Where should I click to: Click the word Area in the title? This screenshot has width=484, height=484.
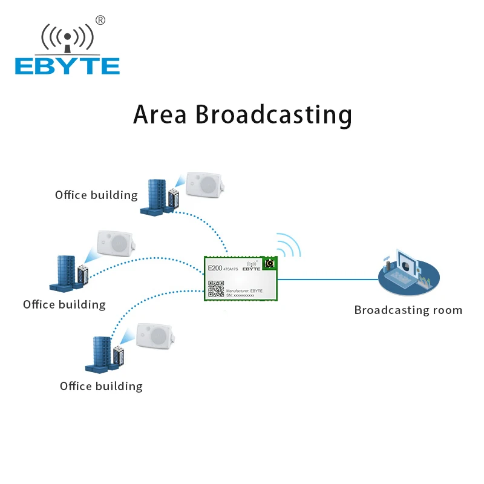pyautogui.click(x=160, y=114)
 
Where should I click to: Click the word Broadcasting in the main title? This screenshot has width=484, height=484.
pyautogui.click(x=273, y=114)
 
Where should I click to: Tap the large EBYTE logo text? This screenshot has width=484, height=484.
pyautogui.click(x=67, y=66)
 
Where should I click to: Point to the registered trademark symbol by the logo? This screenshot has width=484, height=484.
pyautogui.click(x=100, y=20)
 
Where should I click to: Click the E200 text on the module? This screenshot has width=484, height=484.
pyautogui.click(x=215, y=268)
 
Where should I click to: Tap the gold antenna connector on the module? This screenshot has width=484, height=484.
pyautogui.click(x=269, y=264)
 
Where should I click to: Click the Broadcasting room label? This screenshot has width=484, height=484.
pyautogui.click(x=408, y=310)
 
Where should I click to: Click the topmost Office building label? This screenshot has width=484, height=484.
pyautogui.click(x=96, y=195)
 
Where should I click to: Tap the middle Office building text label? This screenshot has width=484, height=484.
pyautogui.click(x=64, y=304)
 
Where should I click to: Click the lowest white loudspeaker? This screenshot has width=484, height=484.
pyautogui.click(x=154, y=336)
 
